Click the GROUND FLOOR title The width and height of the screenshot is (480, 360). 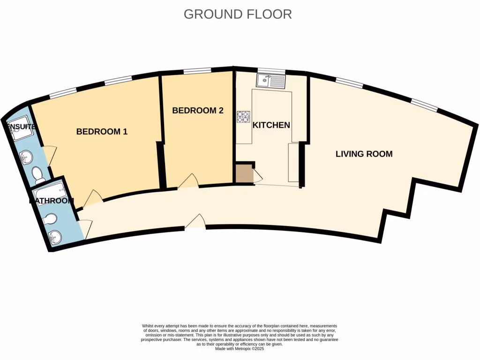(x=238, y=14)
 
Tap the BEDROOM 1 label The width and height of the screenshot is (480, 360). (x=102, y=132)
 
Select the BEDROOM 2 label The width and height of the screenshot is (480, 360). (x=197, y=111)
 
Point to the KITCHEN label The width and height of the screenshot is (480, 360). (x=271, y=125)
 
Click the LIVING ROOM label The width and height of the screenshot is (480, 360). (x=364, y=154)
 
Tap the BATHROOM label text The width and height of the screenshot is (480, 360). (x=52, y=201)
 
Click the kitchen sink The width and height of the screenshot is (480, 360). (x=270, y=82)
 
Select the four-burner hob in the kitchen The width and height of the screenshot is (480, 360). (x=244, y=117)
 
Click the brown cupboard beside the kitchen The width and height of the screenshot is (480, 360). (x=244, y=174)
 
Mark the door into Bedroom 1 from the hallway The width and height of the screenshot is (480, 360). (x=92, y=199)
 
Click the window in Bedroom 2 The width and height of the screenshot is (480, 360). (x=197, y=71)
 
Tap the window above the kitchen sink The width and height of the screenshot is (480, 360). (x=270, y=71)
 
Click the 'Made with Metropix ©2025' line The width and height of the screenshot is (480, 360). (x=239, y=349)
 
